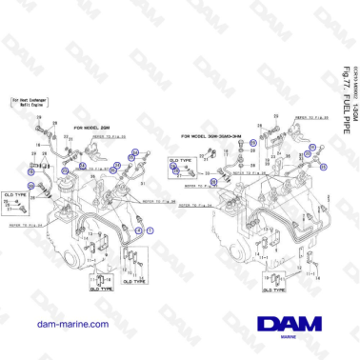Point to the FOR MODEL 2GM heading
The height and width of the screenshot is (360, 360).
tap(94, 126)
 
